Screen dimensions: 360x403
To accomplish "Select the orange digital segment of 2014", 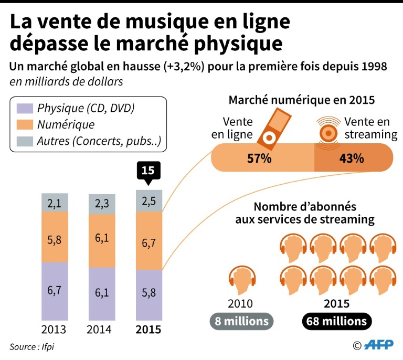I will click(x=102, y=241).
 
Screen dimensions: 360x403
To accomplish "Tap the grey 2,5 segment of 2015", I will click(x=149, y=201).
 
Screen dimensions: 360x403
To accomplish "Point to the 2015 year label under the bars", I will click(x=149, y=330).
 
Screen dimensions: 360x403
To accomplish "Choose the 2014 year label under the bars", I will click(x=102, y=330).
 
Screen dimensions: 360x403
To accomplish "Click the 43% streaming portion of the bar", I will click(x=352, y=157).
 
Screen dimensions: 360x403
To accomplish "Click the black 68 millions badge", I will click(x=337, y=320).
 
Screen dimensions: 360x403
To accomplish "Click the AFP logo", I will click(x=377, y=345).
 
